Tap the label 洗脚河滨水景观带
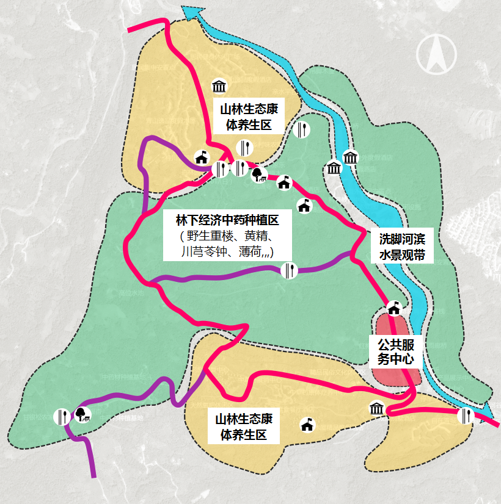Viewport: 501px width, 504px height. [x=402, y=247]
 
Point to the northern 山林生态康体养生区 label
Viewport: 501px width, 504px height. [x=249, y=117]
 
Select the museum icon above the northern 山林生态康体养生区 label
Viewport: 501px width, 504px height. [x=219, y=86]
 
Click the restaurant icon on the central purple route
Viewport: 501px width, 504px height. [x=290, y=270]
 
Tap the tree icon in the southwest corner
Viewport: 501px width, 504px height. [x=82, y=415]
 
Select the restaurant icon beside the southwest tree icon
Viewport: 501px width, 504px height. [x=62, y=416]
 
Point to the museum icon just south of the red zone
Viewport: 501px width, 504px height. [x=376, y=409]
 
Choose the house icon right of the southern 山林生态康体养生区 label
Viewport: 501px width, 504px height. [x=307, y=424]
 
